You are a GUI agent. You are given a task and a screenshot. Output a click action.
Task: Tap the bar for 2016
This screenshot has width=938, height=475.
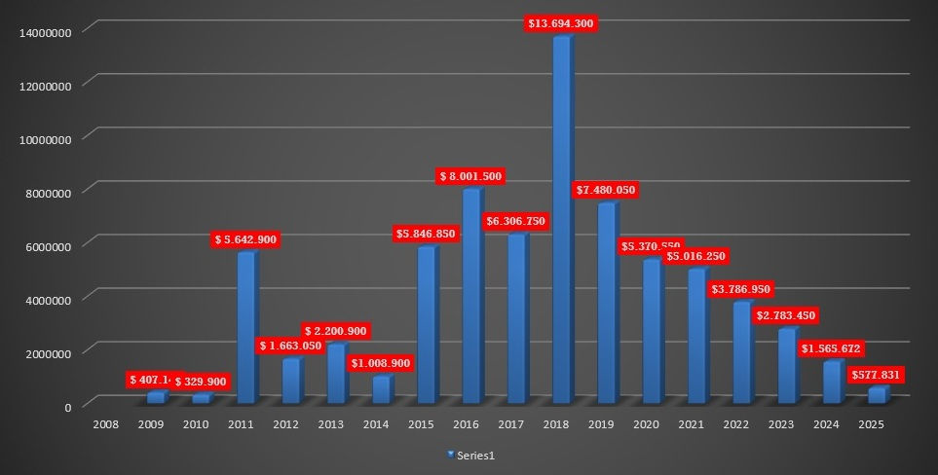tap(471, 296)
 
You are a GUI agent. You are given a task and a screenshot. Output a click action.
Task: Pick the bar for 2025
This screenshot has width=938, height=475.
tap(877, 395)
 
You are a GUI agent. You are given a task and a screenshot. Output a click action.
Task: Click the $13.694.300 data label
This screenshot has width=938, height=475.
tap(560, 23)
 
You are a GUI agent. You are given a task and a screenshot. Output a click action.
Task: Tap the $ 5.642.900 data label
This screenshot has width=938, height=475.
tap(245, 239)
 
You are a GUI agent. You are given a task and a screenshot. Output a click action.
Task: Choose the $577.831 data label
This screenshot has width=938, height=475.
tap(876, 376)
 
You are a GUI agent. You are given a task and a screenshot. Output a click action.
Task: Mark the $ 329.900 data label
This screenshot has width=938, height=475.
tap(202, 382)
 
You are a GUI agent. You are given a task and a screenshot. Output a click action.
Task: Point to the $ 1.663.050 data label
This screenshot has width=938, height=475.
tap(291, 347)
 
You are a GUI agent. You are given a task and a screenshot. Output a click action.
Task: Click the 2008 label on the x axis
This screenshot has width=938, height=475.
tap(105, 424)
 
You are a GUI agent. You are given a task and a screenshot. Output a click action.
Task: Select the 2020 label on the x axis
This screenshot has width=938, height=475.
tap(646, 424)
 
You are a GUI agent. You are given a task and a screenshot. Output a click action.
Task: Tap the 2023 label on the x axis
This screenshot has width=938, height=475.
tap(781, 424)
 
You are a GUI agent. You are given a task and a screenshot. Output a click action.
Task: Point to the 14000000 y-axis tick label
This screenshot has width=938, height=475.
tap(46, 31)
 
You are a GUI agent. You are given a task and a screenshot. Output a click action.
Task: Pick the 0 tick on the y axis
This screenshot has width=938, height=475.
tap(68, 407)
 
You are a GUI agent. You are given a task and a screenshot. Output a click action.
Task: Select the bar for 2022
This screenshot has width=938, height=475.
tap(741, 352)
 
